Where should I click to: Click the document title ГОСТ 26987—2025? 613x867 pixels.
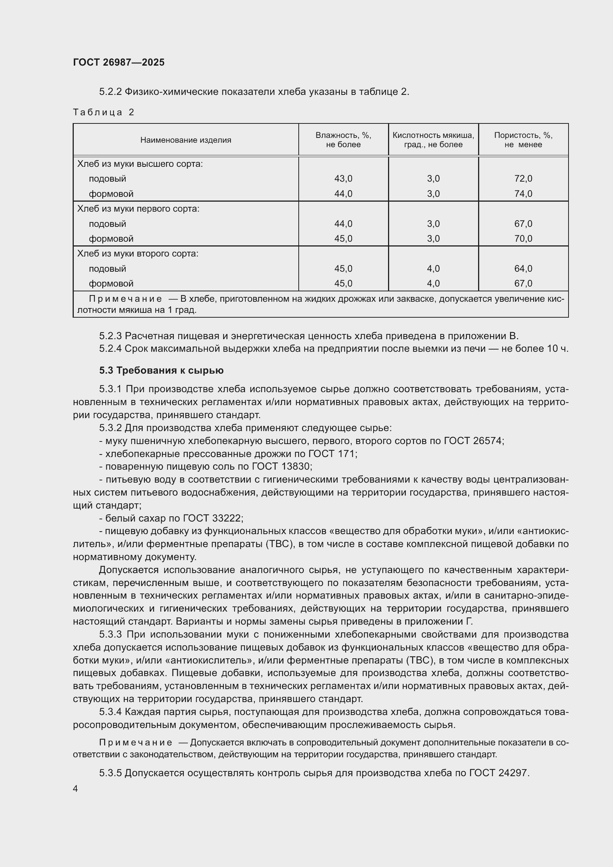(119, 62)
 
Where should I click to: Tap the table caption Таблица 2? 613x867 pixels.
(103, 112)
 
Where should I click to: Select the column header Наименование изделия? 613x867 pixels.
(185, 140)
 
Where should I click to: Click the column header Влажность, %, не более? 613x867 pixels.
(343, 140)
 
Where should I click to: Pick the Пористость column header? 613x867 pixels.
(523, 140)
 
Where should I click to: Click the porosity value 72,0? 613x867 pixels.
(523, 179)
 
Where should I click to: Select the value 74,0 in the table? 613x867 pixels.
(523, 194)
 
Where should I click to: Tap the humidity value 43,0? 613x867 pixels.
(343, 179)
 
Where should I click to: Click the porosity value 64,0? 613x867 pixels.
(523, 268)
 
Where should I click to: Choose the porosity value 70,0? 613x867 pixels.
(523, 239)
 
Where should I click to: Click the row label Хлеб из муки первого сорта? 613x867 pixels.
(138, 209)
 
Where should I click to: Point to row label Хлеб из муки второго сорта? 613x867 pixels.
(137, 254)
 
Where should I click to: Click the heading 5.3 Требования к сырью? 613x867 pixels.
(161, 370)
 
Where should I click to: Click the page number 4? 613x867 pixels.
(76, 789)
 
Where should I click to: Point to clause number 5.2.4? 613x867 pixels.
(110, 348)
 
